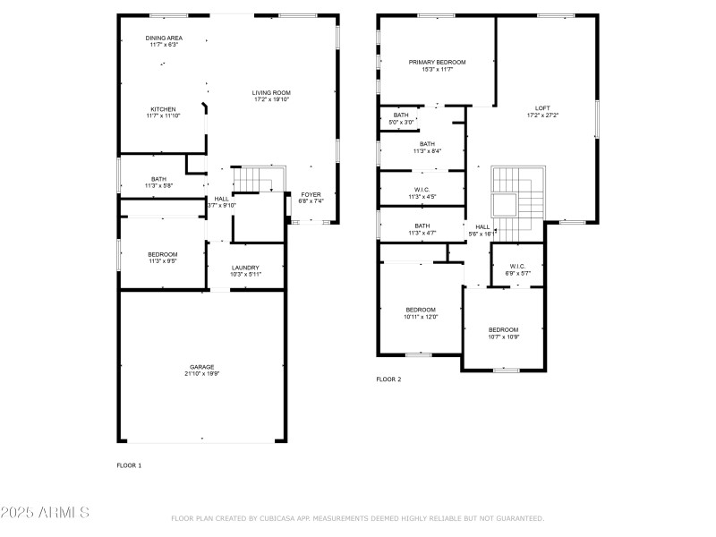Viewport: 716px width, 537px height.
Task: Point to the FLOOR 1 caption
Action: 129,465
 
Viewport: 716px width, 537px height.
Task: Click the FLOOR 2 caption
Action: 388,379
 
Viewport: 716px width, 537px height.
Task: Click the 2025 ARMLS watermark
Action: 45,513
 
